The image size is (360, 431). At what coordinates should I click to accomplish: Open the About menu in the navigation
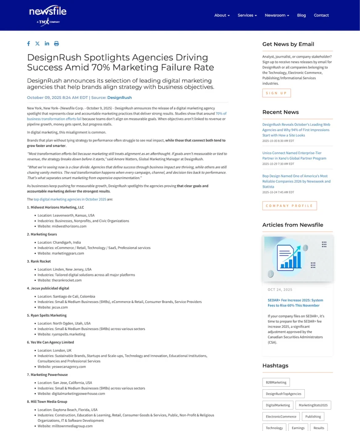(x=222, y=15)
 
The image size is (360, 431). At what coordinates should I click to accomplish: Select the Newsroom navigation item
(x=277, y=15)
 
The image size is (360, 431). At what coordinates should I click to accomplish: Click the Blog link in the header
(x=301, y=15)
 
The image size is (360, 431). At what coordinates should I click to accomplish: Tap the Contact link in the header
(x=321, y=15)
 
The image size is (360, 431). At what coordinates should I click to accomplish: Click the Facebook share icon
(x=29, y=44)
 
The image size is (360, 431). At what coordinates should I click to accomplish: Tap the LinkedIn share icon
(x=47, y=44)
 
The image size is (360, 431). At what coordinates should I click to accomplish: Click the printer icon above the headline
(x=56, y=44)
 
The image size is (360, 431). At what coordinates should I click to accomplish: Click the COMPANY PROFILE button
(x=290, y=206)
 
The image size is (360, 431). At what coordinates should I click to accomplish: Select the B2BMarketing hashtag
(x=276, y=382)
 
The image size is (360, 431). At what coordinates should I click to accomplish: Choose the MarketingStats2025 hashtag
(x=313, y=405)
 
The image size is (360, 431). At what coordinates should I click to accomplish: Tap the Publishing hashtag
(x=313, y=417)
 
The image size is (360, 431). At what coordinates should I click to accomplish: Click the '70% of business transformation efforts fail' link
(x=126, y=116)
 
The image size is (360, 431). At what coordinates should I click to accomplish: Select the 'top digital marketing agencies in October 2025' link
(x=70, y=199)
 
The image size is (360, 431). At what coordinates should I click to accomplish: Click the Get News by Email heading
(x=288, y=44)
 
